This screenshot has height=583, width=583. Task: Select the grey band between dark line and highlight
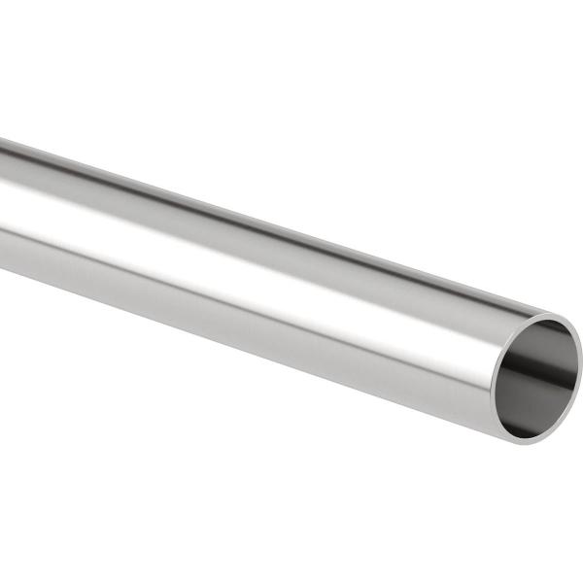coord(243,220)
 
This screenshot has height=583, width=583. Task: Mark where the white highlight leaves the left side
coord(4,185)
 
